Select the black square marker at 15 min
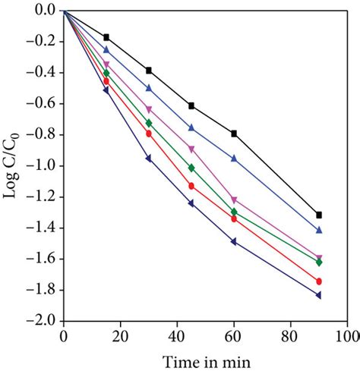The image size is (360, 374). [106, 37]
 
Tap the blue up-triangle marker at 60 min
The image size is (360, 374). [234, 159]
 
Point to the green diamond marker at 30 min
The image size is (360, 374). [149, 123]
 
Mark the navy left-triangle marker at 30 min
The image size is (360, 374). [149, 159]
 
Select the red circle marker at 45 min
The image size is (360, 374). [191, 186]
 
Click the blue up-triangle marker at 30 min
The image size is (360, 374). [149, 88]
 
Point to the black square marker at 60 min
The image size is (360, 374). [234, 134]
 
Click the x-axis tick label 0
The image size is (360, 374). [64, 335]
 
